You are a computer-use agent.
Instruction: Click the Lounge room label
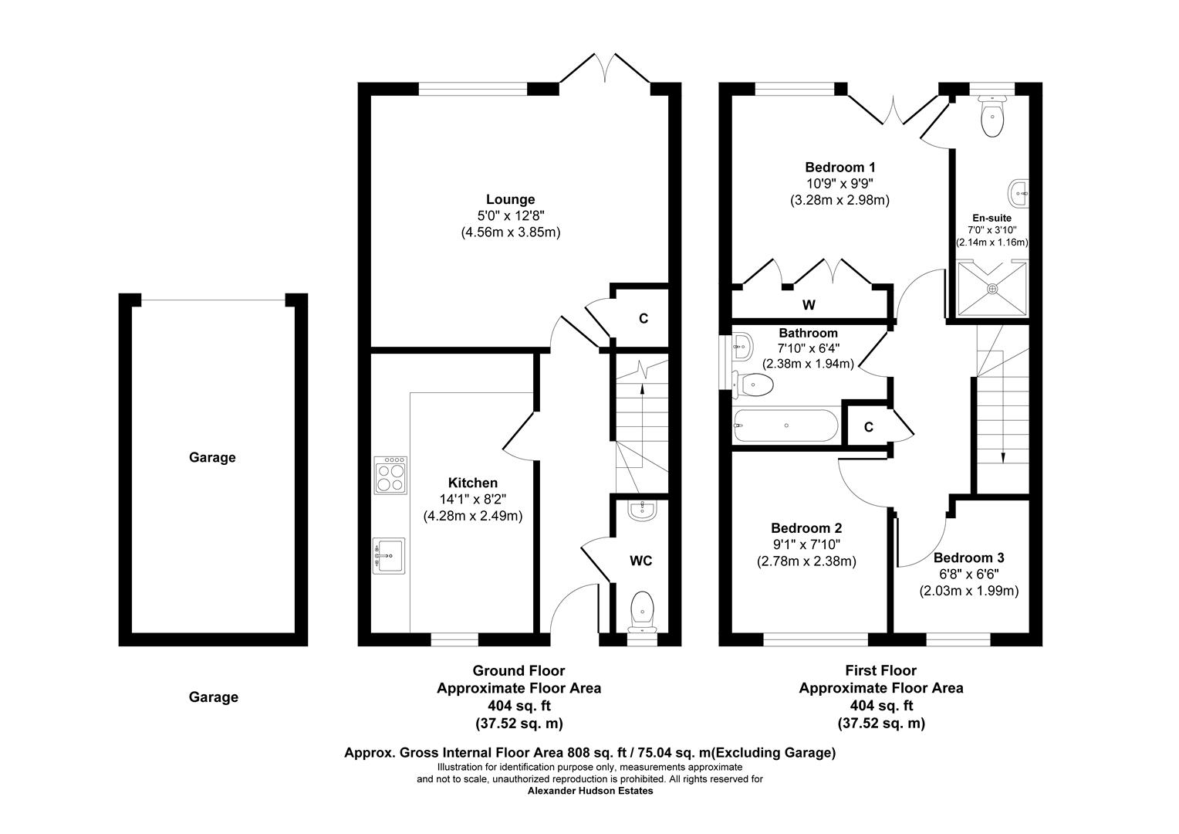click(510, 199)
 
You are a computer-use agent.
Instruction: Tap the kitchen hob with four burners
click(391, 475)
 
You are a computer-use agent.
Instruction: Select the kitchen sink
click(388, 556)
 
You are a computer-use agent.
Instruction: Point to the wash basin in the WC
click(640, 510)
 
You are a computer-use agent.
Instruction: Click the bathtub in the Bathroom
click(785, 425)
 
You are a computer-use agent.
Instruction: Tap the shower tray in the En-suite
click(992, 289)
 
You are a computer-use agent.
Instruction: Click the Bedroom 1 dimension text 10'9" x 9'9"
click(839, 184)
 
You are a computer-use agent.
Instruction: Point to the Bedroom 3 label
click(968, 558)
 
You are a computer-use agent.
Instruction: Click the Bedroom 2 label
click(806, 528)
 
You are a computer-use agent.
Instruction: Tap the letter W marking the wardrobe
click(808, 305)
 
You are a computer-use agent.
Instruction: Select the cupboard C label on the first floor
click(868, 427)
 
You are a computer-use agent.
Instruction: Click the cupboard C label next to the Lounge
click(643, 318)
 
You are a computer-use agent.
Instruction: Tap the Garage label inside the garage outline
click(212, 457)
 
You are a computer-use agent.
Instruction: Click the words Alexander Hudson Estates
click(589, 791)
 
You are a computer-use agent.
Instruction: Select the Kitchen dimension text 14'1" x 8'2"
click(472, 500)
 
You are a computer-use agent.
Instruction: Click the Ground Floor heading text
click(519, 670)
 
